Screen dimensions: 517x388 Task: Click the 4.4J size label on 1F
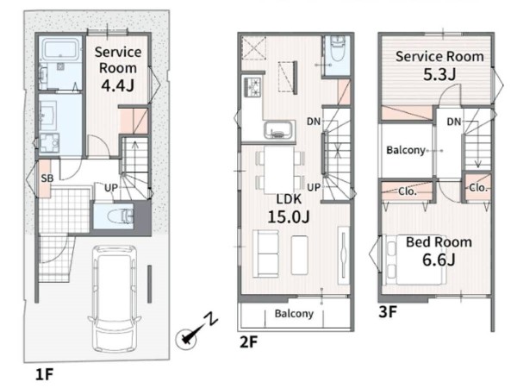point(117,85)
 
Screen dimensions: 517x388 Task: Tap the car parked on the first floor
point(115,298)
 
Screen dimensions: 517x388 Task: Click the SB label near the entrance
point(47,178)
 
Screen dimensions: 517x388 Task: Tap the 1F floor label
point(44,374)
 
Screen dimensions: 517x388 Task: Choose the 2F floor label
point(249,342)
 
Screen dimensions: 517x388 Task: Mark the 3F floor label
point(388,312)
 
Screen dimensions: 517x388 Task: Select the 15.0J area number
point(289,216)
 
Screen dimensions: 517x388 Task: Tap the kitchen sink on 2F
point(279,130)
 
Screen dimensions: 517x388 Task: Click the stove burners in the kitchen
point(252,87)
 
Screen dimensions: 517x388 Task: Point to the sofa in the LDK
point(265,253)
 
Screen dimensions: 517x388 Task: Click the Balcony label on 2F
point(294,314)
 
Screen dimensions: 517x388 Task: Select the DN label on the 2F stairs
point(314,122)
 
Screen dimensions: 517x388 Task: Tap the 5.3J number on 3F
point(439,74)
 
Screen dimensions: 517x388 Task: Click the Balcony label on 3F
point(406,150)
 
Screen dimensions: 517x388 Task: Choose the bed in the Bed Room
point(414,260)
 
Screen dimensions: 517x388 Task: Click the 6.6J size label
point(439,260)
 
